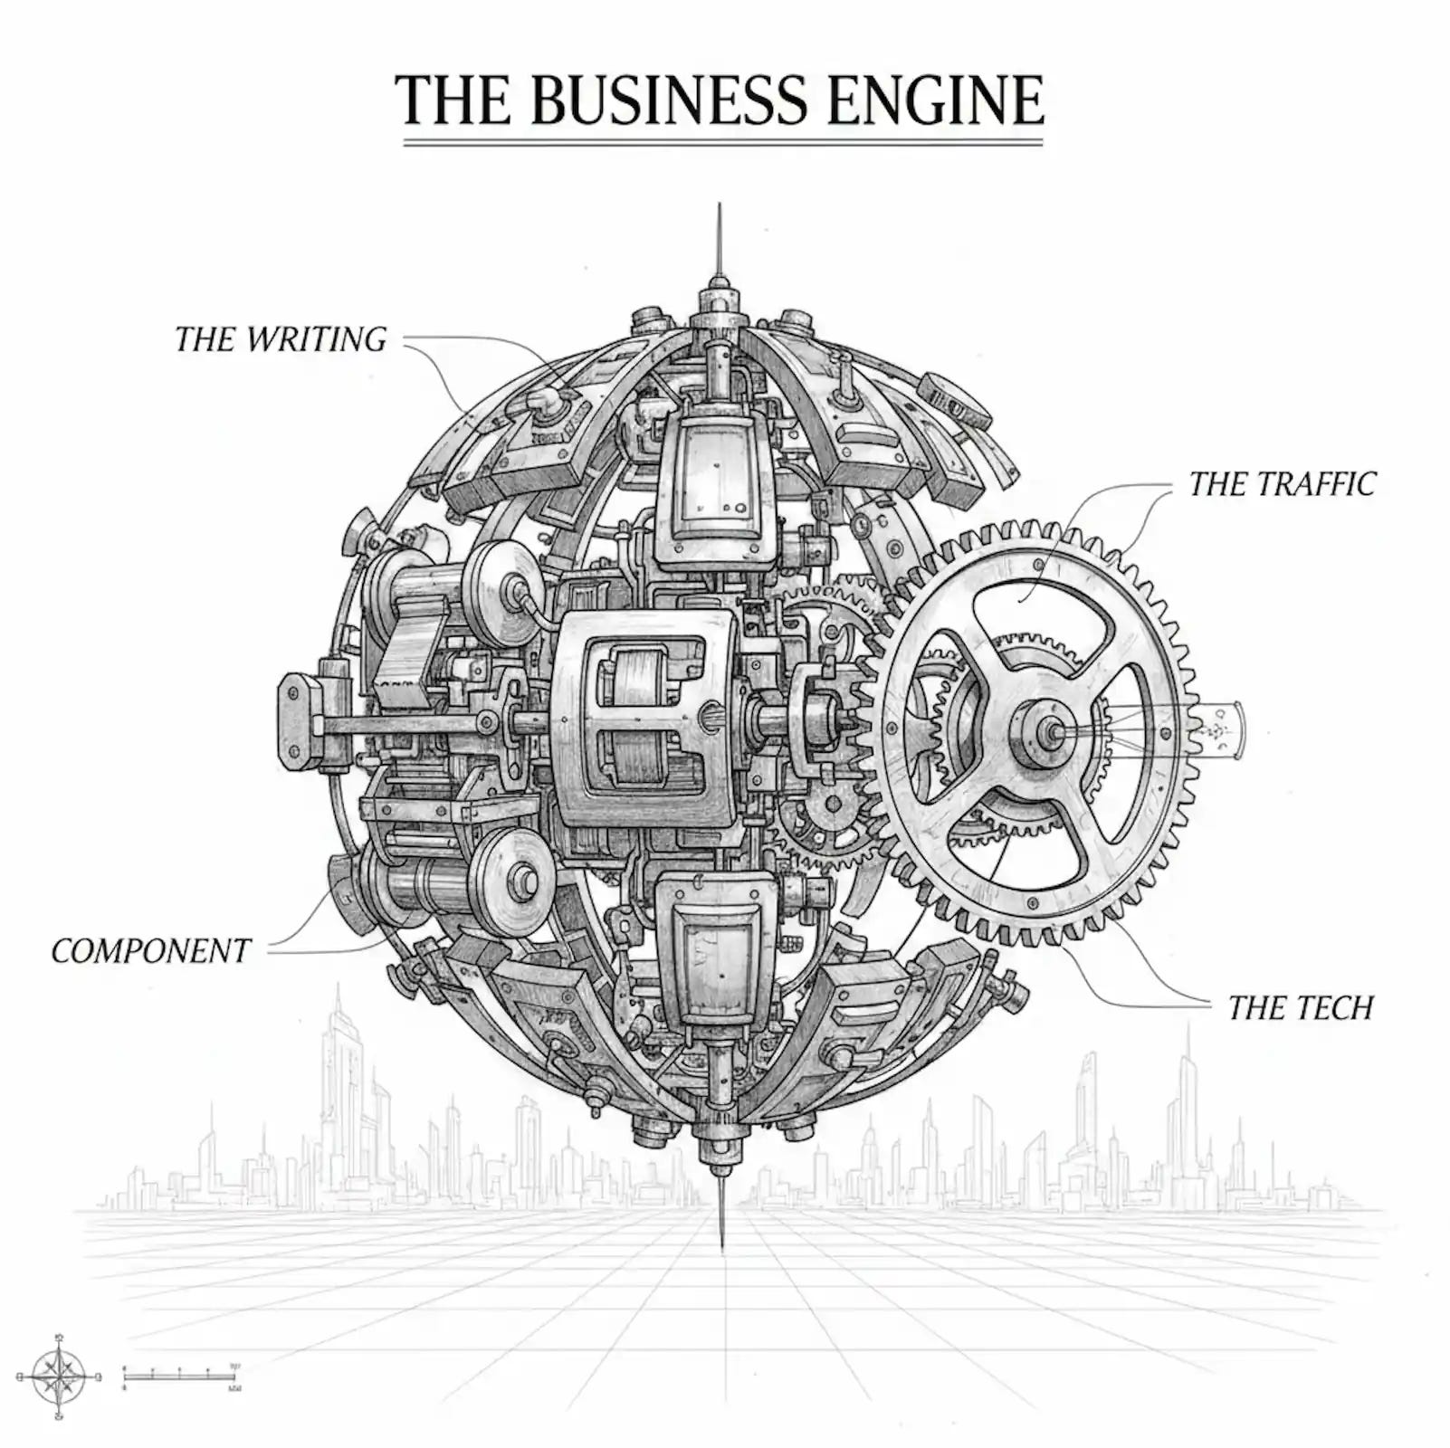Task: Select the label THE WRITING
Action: pos(281,339)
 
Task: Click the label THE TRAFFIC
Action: pos(1282,484)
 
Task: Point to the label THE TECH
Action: pos(1300,1007)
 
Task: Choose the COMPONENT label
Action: pos(151,951)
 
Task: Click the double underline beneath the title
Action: pos(722,142)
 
